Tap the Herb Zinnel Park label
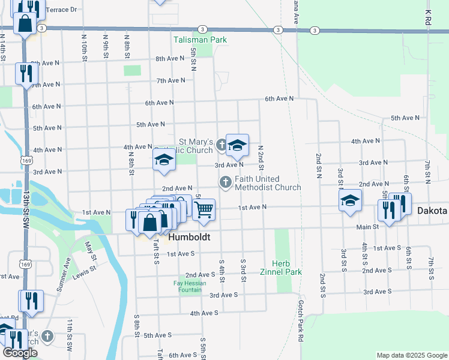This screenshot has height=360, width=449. point(285,268)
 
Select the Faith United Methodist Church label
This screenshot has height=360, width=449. point(268,183)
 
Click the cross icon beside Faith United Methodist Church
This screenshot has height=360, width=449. point(226,181)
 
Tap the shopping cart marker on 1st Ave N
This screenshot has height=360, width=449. point(204,210)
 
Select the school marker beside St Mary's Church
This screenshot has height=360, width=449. point(237,145)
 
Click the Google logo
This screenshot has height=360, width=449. point(20,353)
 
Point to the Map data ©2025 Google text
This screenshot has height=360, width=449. point(411,355)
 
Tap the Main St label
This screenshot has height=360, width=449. point(367,227)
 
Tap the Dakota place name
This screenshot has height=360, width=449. point(432,211)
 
